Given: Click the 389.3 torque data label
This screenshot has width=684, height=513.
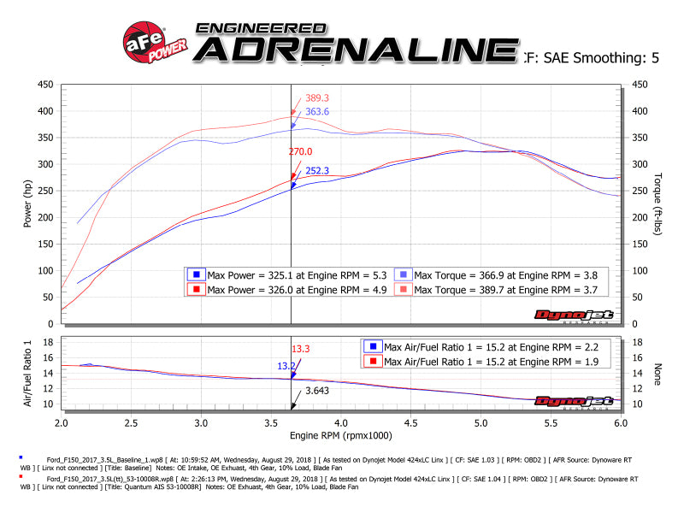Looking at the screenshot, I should click(317, 98).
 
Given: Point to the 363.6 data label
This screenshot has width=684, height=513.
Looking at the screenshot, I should click(317, 112).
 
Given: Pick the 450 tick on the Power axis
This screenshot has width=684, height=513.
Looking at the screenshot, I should click(44, 85).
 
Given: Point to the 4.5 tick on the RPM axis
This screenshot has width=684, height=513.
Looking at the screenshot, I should click(410, 422).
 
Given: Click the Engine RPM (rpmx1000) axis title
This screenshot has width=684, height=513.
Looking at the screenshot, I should click(341, 436).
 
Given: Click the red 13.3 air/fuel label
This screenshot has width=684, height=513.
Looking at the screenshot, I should click(301, 349).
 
